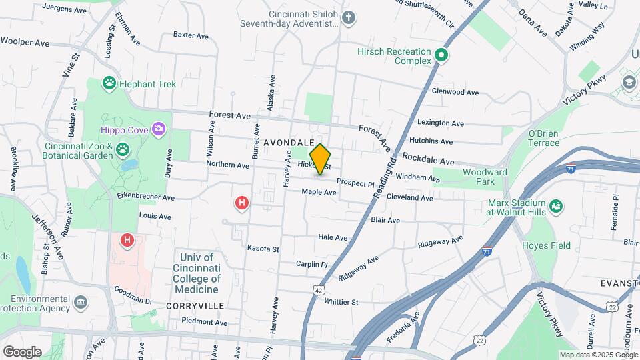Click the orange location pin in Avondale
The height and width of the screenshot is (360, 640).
(x=321, y=159)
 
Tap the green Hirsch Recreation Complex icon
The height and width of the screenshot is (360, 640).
(x=441, y=56)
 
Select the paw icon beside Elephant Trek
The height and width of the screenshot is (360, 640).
(x=109, y=83)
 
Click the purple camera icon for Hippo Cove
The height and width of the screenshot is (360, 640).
(x=158, y=129)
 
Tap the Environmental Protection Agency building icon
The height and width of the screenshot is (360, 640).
(x=81, y=303)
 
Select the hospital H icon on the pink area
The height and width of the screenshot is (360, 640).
(x=126, y=239)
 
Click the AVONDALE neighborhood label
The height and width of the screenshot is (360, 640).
(x=289, y=143)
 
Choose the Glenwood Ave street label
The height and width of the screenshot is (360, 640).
(x=455, y=92)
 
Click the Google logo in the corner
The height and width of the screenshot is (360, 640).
(x=22, y=352)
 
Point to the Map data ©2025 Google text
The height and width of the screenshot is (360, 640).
(x=597, y=355)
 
